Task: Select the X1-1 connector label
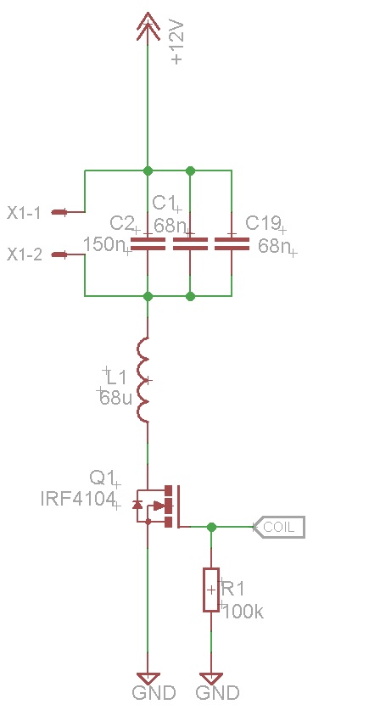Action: point(24,212)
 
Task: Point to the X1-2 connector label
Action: point(25,255)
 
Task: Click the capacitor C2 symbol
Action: point(148,243)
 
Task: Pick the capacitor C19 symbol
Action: point(232,243)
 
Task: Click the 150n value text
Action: point(104,244)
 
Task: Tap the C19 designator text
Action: point(264,223)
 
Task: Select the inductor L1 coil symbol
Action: point(143,379)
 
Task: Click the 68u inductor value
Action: point(116,398)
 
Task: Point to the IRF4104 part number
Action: point(77,499)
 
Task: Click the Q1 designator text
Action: point(102,478)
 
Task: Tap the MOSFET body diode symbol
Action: point(137,504)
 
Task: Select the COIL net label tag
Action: point(278,527)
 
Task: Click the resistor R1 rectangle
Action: point(211,590)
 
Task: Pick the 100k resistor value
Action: point(243,612)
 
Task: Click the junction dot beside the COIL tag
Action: point(211,527)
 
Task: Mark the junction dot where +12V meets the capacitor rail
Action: point(148,171)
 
